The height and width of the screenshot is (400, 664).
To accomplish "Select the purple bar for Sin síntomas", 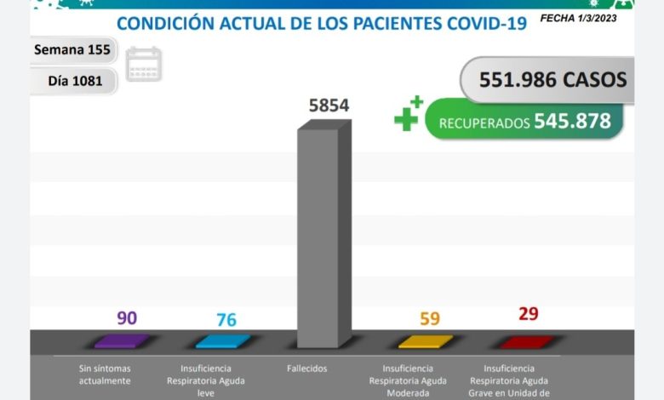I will tap(122, 341).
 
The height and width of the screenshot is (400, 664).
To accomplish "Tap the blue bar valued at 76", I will tap(223, 341).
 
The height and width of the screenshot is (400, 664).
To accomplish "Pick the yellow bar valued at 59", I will tap(426, 341).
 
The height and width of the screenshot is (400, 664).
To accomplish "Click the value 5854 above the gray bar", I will tap(329, 106).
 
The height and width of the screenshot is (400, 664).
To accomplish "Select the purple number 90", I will tap(127, 318).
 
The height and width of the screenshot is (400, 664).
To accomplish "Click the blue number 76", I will tap(226, 320).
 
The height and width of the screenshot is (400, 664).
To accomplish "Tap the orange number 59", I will tap(430, 319).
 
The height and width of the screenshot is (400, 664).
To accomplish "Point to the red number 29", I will tap(529, 314).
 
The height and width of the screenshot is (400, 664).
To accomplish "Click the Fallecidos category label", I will tap(307, 369).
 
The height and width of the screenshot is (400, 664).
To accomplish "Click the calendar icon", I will tap(144, 65).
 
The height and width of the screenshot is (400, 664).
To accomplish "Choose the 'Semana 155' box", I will tap(72, 49).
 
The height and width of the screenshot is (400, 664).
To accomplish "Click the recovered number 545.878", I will tap(572, 122).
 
